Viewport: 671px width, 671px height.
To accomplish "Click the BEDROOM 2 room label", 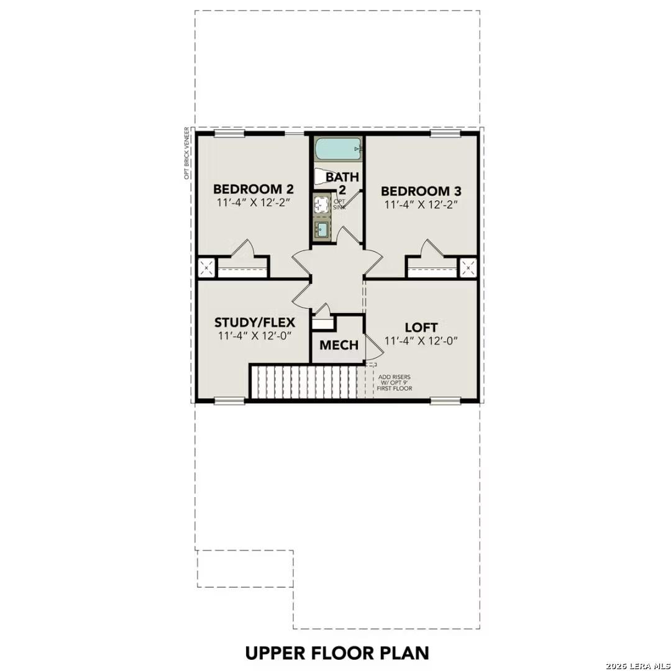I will tap(253, 189).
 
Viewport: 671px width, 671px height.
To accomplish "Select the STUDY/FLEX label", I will tap(254, 322).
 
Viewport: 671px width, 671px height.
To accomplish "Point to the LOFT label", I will tap(421, 327).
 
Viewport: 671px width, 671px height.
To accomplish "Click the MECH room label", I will tap(339, 345).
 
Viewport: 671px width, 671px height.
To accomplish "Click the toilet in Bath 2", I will tap(322, 176).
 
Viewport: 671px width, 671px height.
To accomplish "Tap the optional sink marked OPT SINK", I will tap(322, 204).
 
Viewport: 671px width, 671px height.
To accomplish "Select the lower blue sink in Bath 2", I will tap(322, 229).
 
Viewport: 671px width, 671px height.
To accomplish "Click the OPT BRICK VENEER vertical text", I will tap(186, 153).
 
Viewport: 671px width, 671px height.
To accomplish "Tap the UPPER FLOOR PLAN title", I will tap(337, 653).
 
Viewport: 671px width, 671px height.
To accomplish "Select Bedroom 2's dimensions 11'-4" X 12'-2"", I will tap(253, 204).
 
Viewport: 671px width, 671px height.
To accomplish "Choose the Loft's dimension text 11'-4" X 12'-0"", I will tap(421, 340).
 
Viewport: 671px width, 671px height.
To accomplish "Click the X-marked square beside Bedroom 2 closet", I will tap(206, 268).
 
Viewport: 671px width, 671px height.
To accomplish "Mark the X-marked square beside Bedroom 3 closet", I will tap(468, 268).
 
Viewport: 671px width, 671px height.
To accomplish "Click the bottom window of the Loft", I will tap(445, 401).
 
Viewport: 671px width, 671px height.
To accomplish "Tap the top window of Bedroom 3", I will tap(445, 133).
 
